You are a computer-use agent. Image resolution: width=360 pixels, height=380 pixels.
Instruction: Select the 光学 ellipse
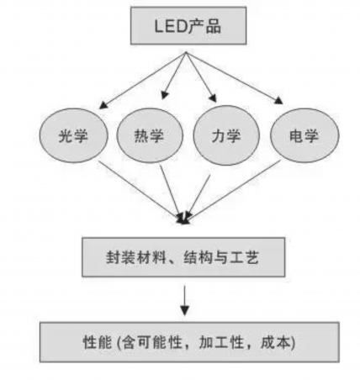(x=71, y=135)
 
